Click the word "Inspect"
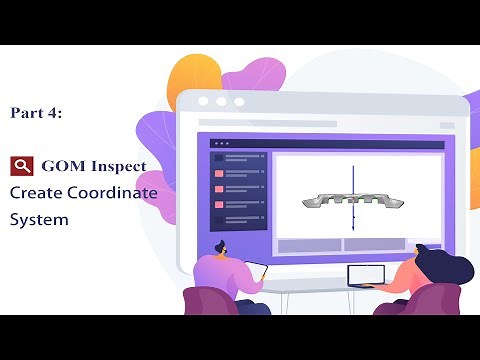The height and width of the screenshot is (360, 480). click(x=118, y=166)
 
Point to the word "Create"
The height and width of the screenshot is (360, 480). click(x=37, y=193)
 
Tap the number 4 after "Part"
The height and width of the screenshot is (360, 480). click(x=56, y=114)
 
